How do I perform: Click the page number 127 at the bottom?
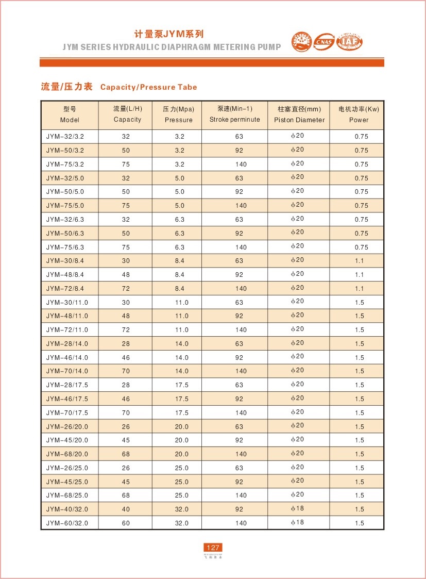click(x=213, y=548)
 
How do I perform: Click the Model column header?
click(x=70, y=114)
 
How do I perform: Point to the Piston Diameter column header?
click(x=299, y=114)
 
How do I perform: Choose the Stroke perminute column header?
click(x=234, y=114)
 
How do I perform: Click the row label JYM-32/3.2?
click(x=65, y=137)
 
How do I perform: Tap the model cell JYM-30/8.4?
click(x=65, y=261)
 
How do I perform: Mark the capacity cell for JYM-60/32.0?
click(x=126, y=523)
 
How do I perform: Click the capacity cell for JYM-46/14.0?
click(x=126, y=357)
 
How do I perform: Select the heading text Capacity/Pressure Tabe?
click(x=148, y=87)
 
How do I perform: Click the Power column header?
click(x=359, y=114)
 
